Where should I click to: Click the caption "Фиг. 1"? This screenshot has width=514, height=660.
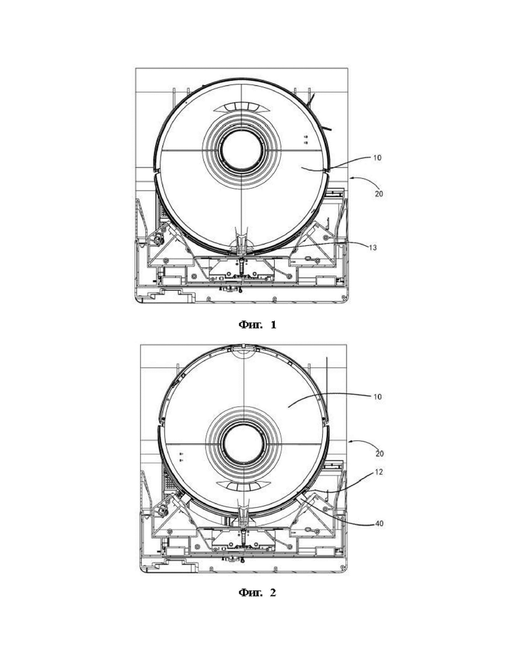[257, 324]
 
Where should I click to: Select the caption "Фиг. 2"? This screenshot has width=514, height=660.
[257, 593]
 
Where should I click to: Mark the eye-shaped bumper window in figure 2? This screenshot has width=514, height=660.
[243, 487]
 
